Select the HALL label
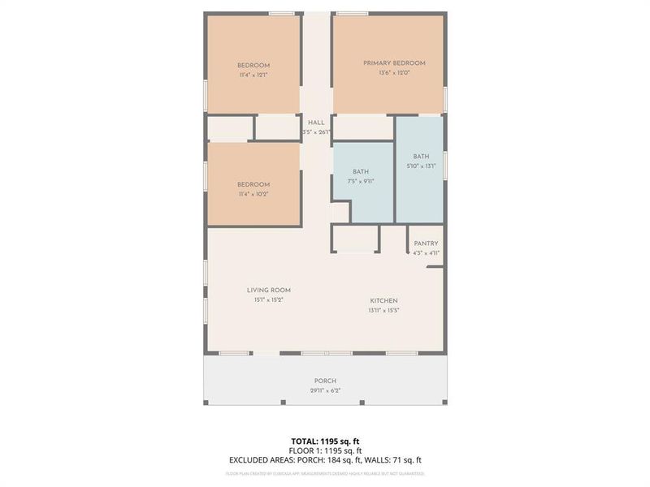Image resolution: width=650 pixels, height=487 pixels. pyautogui.click(x=316, y=122)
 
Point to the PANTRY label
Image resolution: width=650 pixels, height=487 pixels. pyautogui.click(x=426, y=243)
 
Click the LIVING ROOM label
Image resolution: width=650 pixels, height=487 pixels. pyautogui.click(x=269, y=290)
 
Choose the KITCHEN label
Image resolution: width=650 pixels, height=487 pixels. pyautogui.click(x=383, y=300)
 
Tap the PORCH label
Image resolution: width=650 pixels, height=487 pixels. pyautogui.click(x=325, y=381)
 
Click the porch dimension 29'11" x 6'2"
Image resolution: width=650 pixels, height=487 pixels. pyautogui.click(x=325, y=390)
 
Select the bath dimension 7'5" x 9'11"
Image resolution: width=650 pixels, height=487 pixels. pyautogui.click(x=361, y=181)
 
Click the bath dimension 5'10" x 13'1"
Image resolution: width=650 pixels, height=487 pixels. pyautogui.click(x=421, y=166)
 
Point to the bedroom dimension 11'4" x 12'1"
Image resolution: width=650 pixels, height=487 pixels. pyautogui.click(x=253, y=75)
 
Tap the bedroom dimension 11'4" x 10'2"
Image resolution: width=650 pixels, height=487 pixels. pyautogui.click(x=253, y=195)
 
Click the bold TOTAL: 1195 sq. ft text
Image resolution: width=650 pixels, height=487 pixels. pyautogui.click(x=325, y=440)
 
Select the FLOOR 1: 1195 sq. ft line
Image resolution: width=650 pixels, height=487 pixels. pyautogui.click(x=325, y=450)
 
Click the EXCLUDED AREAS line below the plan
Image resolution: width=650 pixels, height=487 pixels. pyautogui.click(x=325, y=459)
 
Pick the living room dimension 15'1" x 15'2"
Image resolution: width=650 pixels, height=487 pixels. pyautogui.click(x=269, y=300)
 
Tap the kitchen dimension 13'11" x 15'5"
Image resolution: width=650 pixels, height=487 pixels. pyautogui.click(x=383, y=310)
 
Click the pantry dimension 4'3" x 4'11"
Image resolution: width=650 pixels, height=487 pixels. pyautogui.click(x=426, y=253)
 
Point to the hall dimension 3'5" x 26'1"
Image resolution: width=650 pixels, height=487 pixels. pyautogui.click(x=316, y=131)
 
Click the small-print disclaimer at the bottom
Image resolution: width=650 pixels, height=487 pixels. pyautogui.click(x=325, y=473)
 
